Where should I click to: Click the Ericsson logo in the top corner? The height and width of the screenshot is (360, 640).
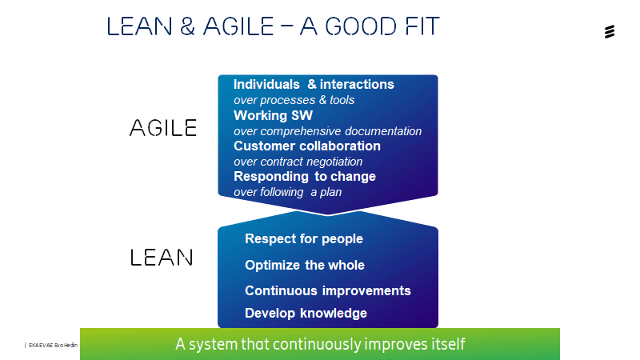(x=610, y=31)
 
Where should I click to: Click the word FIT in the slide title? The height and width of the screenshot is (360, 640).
(x=422, y=26)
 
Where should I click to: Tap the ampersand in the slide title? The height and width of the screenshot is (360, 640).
(x=187, y=26)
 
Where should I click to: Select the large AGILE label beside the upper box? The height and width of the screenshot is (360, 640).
(x=163, y=128)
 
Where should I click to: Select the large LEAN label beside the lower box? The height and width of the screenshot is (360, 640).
(x=162, y=258)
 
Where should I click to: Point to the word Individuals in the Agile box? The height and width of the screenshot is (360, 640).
(x=266, y=84)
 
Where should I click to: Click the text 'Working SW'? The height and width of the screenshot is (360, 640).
(x=273, y=115)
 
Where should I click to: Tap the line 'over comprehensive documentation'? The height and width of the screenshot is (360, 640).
(x=328, y=131)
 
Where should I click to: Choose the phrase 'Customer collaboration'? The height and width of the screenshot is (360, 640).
(x=307, y=146)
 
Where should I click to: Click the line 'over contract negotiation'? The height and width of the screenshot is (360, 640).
(x=298, y=162)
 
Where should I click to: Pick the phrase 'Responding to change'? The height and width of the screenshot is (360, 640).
(x=305, y=176)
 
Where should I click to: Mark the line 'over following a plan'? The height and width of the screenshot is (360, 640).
(x=287, y=192)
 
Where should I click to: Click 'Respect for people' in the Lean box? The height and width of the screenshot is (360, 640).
(x=304, y=238)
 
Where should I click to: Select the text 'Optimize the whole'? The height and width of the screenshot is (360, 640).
(x=305, y=265)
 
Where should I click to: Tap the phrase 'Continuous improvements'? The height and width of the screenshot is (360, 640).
(x=328, y=290)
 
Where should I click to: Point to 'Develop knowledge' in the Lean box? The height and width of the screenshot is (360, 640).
(x=306, y=313)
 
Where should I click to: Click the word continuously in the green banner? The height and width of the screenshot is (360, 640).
(x=317, y=344)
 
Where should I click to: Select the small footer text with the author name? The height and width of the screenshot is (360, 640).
(x=53, y=346)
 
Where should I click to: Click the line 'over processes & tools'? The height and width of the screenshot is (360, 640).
(x=294, y=100)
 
